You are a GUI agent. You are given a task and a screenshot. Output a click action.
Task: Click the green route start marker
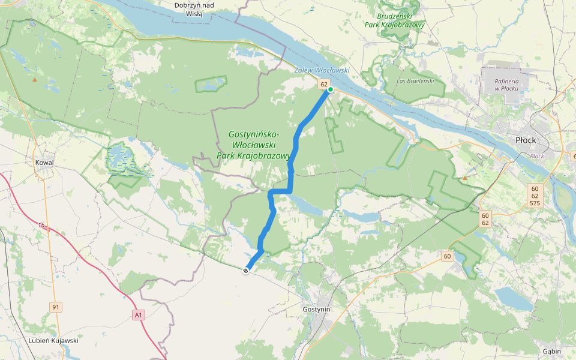(x=331, y=89)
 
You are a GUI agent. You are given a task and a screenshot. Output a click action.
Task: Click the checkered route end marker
(x=246, y=271)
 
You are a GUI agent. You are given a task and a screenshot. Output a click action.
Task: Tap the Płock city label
(x=526, y=140)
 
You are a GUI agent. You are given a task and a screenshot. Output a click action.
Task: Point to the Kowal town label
(x=44, y=163)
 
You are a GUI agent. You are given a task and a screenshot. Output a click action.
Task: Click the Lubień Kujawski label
(x=53, y=340)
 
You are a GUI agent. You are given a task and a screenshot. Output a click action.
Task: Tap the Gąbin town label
(x=551, y=351)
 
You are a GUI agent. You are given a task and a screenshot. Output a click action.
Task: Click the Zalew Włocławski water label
(x=322, y=70)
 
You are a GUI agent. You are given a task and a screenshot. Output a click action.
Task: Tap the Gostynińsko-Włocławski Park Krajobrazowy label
(x=253, y=146)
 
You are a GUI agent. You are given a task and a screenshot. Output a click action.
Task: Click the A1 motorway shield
(x=139, y=314)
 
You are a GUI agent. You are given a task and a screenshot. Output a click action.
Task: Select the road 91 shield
(x=56, y=307)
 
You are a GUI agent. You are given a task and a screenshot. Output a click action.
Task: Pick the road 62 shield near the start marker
(x=324, y=85)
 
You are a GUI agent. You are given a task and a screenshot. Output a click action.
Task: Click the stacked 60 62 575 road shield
(x=535, y=196)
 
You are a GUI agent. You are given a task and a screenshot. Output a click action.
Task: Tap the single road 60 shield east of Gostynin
(x=447, y=257)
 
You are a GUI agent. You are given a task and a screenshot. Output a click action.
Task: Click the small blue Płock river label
(x=536, y=156)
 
